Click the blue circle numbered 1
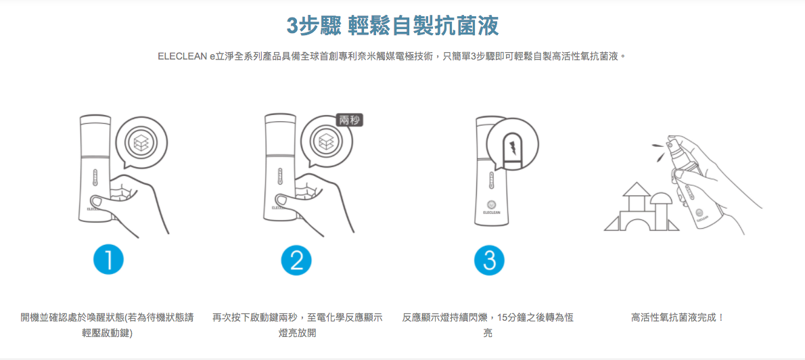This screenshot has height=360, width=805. pos(108,260)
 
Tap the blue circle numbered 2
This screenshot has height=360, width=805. pos(296,260)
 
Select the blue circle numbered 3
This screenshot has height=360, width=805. pos(489,260)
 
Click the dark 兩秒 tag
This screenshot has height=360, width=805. pos(349,120)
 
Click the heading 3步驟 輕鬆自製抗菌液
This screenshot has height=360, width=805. pos(393,26)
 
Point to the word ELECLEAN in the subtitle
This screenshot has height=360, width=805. pos(182,56)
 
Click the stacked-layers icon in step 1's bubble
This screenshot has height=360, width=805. pos(142,143)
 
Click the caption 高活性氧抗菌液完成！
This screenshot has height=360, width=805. pos(677,317)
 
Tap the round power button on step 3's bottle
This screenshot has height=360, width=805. pos(492,202)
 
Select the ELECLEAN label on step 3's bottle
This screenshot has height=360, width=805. pos(492,212)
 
